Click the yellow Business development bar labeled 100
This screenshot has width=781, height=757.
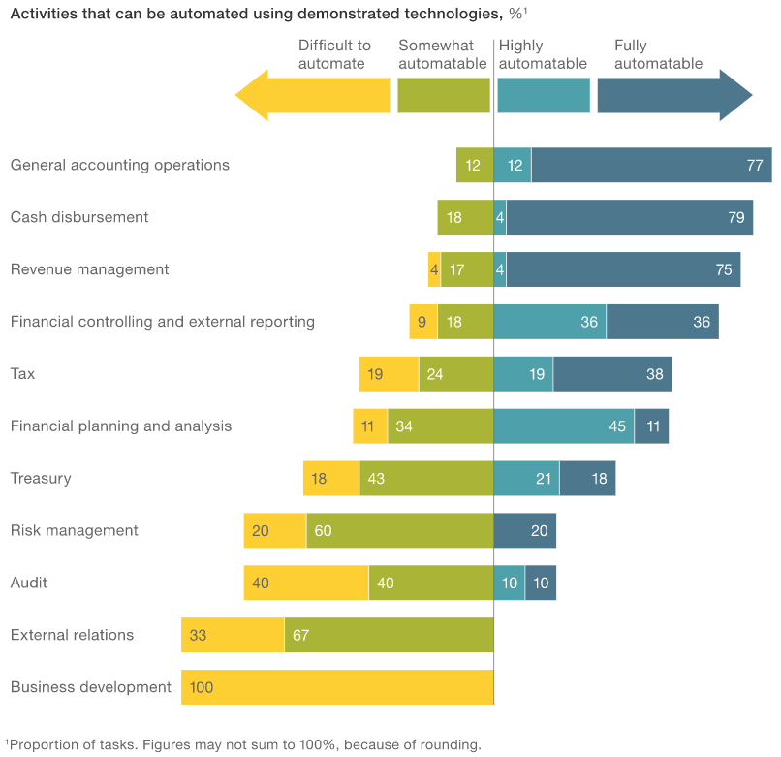click(337, 687)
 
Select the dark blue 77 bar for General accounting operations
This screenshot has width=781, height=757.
click(651, 165)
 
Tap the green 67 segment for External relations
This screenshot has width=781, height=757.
click(389, 635)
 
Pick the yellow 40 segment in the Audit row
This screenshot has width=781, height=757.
click(305, 583)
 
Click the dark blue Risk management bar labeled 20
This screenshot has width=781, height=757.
click(524, 530)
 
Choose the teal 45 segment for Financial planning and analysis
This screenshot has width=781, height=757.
click(564, 426)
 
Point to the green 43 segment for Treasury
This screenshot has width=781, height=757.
click(425, 478)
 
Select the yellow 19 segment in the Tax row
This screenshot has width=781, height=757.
click(389, 373)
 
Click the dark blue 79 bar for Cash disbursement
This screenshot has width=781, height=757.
click(629, 217)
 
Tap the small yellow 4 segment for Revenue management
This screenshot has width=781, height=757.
click(434, 269)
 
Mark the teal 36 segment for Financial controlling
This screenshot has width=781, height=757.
click(549, 322)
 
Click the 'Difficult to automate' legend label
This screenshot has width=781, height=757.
click(334, 54)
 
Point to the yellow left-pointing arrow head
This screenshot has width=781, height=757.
click(252, 95)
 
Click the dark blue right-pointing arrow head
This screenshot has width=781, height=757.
click(735, 95)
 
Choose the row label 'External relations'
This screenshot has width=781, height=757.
click(73, 635)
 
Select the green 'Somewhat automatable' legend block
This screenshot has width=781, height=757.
click(443, 95)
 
